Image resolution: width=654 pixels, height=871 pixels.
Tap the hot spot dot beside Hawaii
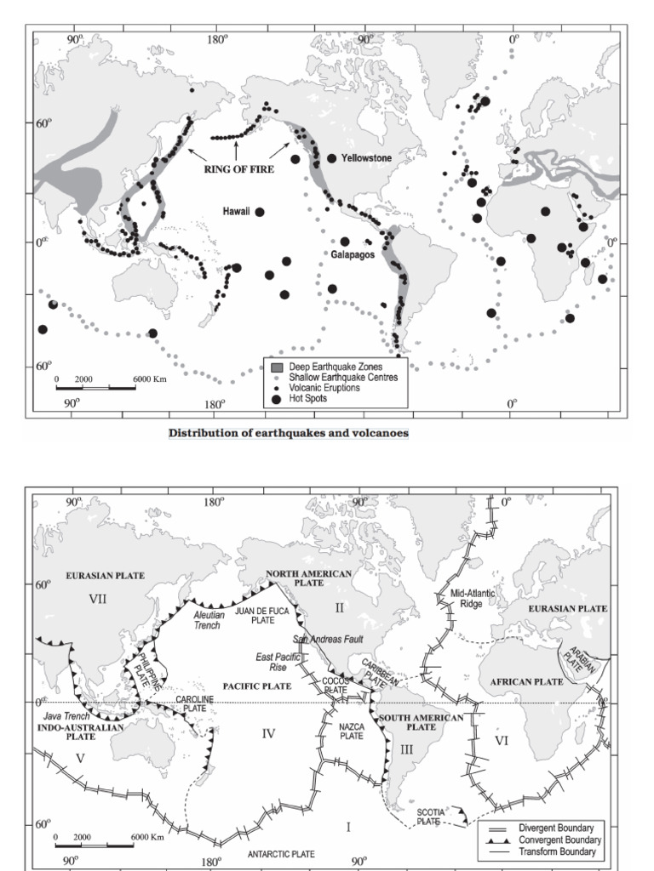tap(260, 212)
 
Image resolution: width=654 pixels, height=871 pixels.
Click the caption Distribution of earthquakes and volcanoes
tap(289, 433)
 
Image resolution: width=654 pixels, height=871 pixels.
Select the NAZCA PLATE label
tap(352, 731)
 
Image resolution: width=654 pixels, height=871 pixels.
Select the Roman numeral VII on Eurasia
tap(98, 600)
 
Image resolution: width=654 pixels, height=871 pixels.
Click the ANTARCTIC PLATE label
tap(280, 853)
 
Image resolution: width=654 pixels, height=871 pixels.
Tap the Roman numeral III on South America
tap(406, 749)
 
